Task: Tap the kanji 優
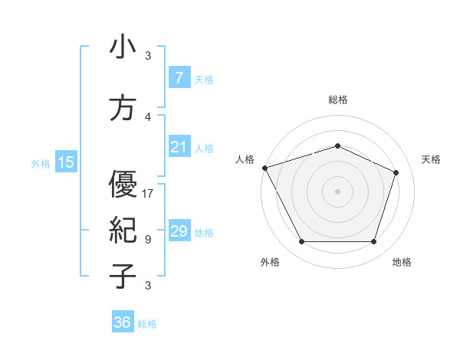(x=123, y=184)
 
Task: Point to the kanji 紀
(x=123, y=230)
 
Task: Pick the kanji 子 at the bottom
(x=123, y=276)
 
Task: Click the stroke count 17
(x=148, y=193)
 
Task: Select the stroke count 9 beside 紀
(x=148, y=239)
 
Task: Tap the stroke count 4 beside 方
(x=148, y=117)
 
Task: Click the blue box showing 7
(x=179, y=78)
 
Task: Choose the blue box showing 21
(x=179, y=147)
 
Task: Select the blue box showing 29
(x=179, y=231)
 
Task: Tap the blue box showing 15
(x=65, y=162)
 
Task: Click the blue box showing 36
(x=122, y=322)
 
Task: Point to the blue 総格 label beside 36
(x=147, y=324)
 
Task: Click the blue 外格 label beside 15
(x=41, y=163)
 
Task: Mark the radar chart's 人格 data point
(x=264, y=168)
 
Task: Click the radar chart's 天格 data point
(x=396, y=172)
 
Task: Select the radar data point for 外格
(x=301, y=242)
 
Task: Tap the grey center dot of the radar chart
(x=337, y=191)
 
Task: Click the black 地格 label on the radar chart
(x=402, y=262)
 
